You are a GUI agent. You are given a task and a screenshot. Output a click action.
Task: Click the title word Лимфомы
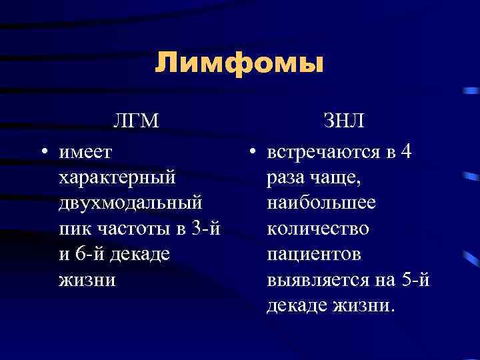tap(239, 64)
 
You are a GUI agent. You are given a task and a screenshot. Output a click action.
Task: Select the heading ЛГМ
tap(137, 122)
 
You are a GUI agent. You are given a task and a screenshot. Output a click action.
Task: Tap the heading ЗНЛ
tap(343, 122)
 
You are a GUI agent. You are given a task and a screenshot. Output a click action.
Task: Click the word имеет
tap(85, 153)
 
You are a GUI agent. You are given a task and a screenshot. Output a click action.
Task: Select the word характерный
tap(117, 178)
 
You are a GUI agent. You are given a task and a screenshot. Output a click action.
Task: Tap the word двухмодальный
tap(131, 203)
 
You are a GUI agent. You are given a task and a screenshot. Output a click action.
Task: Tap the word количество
tap(317, 229)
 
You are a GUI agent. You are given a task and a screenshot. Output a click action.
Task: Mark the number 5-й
tap(417, 279)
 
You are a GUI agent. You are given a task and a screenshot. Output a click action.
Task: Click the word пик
tap(75, 229)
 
